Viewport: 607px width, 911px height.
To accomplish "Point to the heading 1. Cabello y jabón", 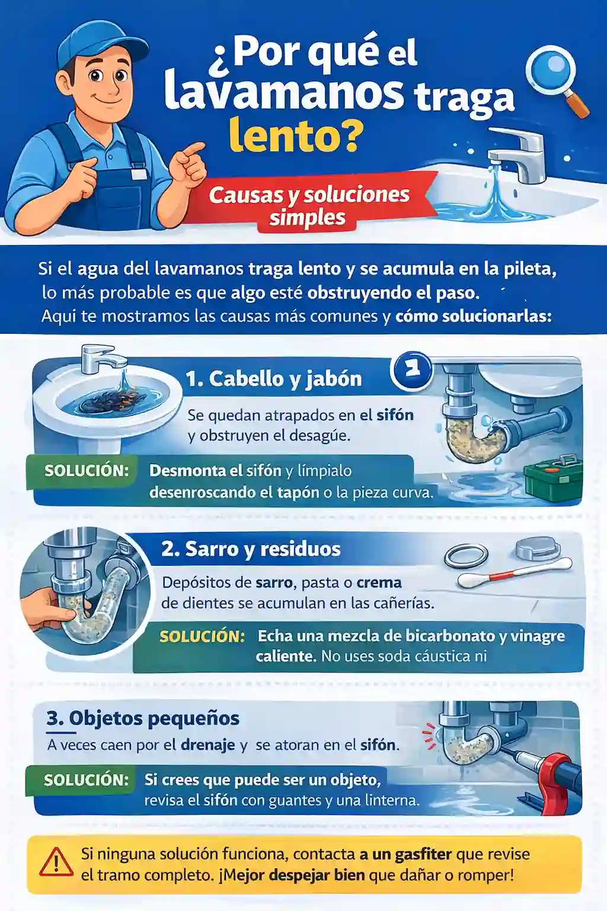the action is click(x=274, y=379).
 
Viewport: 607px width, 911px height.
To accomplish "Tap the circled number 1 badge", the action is click(x=411, y=370).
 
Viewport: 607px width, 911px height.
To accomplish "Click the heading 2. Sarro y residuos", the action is click(x=251, y=549).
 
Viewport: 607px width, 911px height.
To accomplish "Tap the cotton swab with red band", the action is click(x=515, y=574).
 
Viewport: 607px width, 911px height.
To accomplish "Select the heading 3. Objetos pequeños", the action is click(x=143, y=719).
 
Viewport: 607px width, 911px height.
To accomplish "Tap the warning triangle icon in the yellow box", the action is click(x=56, y=862).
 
